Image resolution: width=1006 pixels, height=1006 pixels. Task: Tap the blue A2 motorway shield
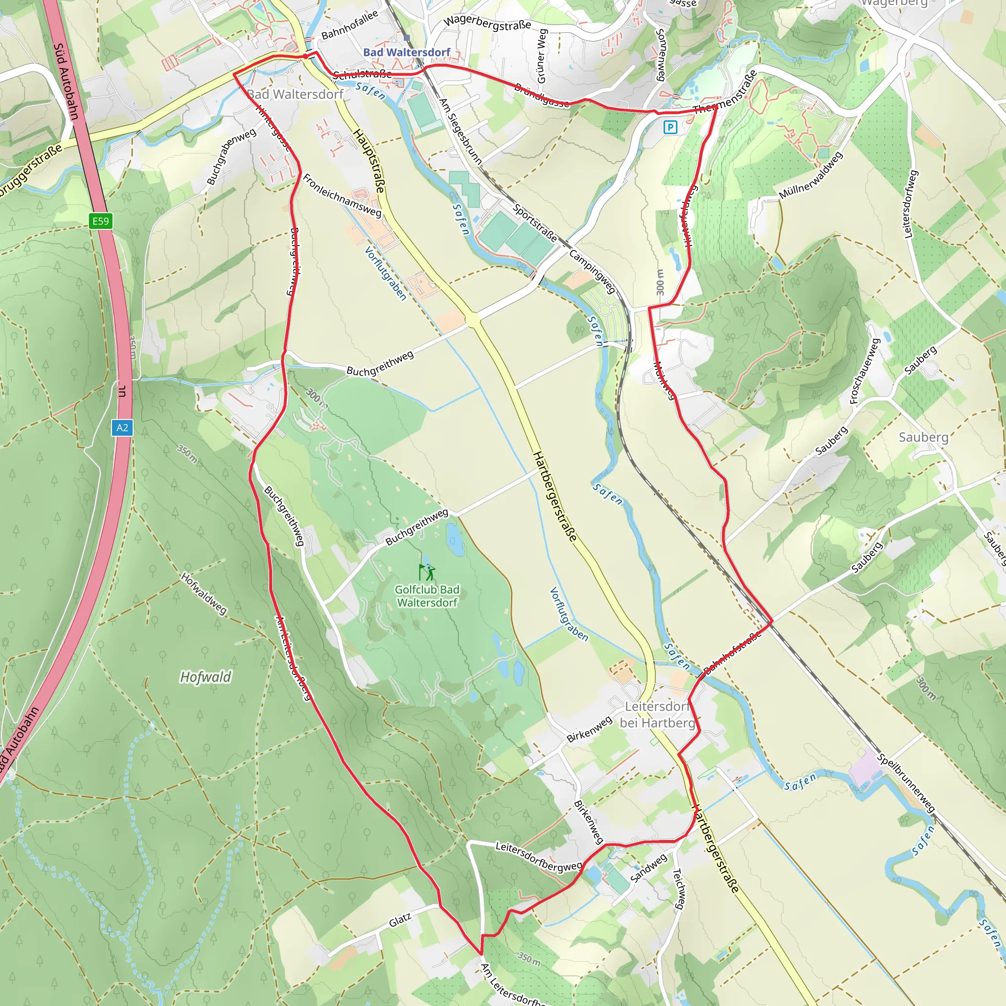coord(122,427)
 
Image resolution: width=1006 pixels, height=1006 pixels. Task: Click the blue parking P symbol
coord(670,127)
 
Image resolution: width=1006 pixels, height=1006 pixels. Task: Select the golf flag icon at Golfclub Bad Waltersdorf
coord(426,572)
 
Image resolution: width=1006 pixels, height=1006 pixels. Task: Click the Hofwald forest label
coord(205,677)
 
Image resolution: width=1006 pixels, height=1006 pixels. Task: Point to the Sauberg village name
coord(923,437)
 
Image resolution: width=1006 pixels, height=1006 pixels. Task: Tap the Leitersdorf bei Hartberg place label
coord(657,714)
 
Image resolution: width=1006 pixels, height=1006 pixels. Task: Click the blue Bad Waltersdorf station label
coord(406,52)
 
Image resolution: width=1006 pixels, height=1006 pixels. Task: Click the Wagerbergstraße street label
coord(487,22)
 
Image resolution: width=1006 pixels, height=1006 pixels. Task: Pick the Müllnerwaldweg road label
coord(810,175)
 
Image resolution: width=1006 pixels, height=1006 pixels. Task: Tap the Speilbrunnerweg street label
coord(906,783)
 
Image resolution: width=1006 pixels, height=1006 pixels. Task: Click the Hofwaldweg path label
coord(203,593)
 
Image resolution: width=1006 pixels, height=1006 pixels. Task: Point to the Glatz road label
coord(400,921)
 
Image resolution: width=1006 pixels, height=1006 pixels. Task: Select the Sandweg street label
coord(648,868)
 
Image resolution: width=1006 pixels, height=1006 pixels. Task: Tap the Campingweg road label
coord(592,271)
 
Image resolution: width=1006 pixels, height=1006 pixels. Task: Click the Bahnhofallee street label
coord(349,25)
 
